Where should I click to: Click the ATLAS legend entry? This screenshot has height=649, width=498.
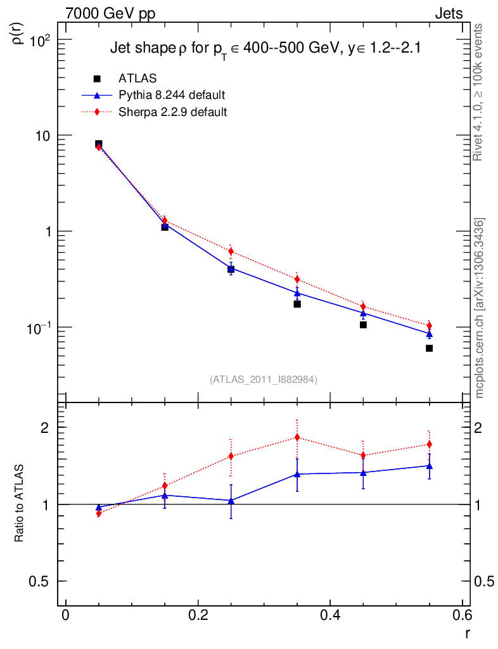[x=137, y=79]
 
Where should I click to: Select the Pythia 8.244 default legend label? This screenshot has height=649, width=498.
[x=172, y=95]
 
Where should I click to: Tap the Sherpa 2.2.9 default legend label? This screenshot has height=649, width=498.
[x=172, y=112]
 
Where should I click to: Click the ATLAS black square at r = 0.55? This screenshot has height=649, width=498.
[x=429, y=348]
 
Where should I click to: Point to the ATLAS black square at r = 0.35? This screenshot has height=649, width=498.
[x=297, y=304]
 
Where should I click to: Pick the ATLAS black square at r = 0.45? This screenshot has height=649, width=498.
[x=363, y=324]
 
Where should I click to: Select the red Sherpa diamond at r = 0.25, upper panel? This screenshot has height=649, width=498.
[x=231, y=252]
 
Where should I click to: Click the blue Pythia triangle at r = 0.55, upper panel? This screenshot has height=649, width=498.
[x=429, y=334]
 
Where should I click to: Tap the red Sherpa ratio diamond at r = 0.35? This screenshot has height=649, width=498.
[x=297, y=437]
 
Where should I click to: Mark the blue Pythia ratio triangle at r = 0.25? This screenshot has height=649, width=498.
[x=231, y=501]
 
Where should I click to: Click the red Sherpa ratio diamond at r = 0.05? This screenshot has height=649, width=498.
[x=99, y=513]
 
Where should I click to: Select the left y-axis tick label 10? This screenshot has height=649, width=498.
[x=45, y=136]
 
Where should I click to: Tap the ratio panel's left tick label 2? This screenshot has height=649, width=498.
[x=46, y=428]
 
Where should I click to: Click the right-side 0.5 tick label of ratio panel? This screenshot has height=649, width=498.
[x=485, y=582]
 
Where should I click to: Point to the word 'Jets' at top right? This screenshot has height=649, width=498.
[x=448, y=14]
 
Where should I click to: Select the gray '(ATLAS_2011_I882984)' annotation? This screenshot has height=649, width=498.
[x=264, y=379]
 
